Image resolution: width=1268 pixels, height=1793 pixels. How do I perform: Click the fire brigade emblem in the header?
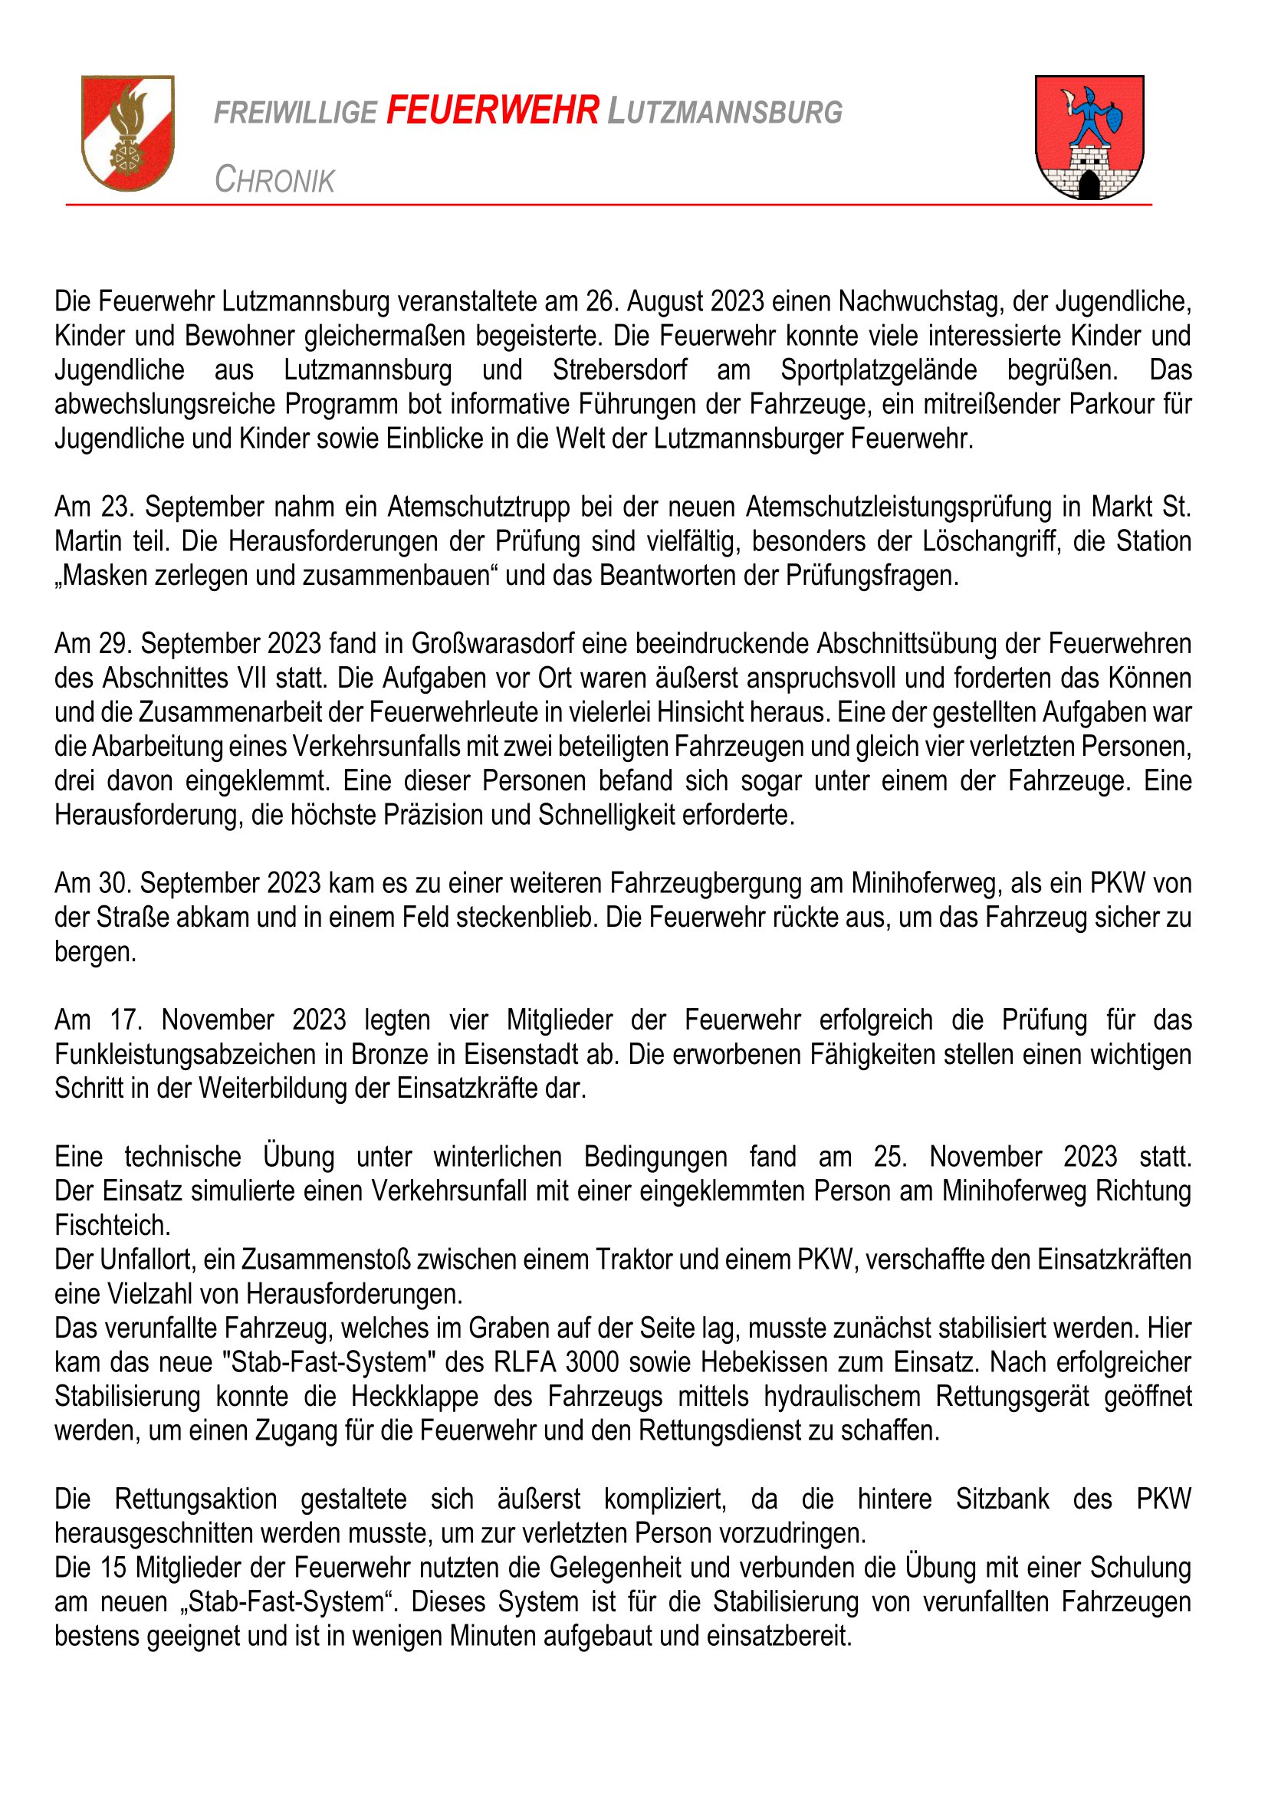click(x=128, y=132)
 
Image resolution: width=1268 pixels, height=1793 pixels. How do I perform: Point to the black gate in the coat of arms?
click(x=1089, y=184)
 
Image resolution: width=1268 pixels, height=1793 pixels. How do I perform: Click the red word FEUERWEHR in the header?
click(x=493, y=110)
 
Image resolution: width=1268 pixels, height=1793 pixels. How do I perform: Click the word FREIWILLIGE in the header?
click(x=295, y=113)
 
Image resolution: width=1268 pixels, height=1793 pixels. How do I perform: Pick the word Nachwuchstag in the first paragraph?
click(x=920, y=301)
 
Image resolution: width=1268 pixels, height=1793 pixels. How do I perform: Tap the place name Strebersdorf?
click(x=620, y=369)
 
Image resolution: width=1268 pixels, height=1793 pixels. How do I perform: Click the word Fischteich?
click(x=113, y=1225)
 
